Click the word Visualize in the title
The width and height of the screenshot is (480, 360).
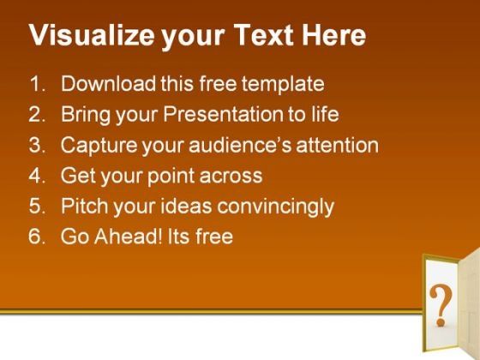(x=92, y=35)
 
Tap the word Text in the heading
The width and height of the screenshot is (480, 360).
(x=263, y=34)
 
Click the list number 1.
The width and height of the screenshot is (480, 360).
(x=38, y=84)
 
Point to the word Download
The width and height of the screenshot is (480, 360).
(x=108, y=83)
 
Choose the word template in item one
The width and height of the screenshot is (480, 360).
(x=283, y=84)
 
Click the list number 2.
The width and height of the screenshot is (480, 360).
(x=37, y=114)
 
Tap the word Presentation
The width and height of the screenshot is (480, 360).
(x=223, y=114)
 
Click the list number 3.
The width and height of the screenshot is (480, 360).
(x=37, y=145)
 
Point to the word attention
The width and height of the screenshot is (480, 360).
(x=338, y=145)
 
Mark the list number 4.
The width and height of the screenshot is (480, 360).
(x=37, y=176)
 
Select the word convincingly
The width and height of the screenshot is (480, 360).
(x=275, y=207)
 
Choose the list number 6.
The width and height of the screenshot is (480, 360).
(x=37, y=237)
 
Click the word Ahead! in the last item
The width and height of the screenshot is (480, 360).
(x=128, y=237)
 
